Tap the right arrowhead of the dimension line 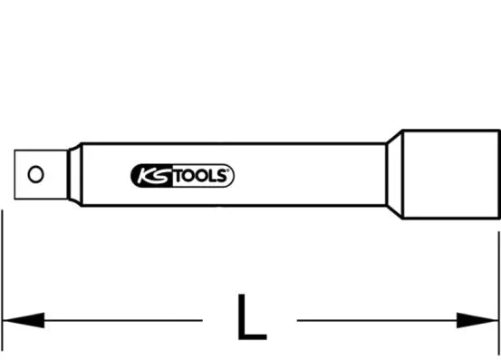(479, 319)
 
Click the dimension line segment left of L (118, 319)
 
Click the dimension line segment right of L (381, 319)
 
